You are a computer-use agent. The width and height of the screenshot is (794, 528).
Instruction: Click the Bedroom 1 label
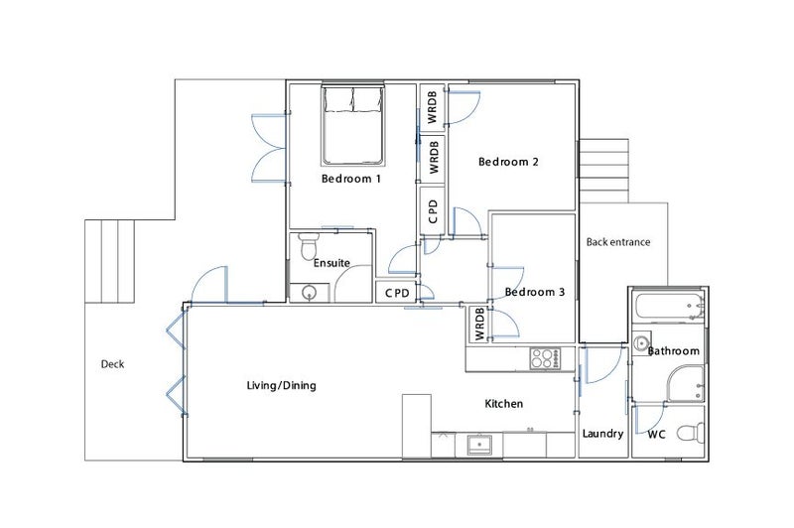coord(351,180)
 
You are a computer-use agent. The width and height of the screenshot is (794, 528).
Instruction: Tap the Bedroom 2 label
coord(508,162)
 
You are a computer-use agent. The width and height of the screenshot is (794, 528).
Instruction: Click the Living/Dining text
coord(281,385)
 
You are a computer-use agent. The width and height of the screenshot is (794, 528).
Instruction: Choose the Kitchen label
coord(503,404)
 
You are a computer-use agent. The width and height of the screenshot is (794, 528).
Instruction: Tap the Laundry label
coord(602,434)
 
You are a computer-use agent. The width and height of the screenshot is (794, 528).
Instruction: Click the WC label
coord(656,434)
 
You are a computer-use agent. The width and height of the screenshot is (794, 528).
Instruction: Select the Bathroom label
coord(674,351)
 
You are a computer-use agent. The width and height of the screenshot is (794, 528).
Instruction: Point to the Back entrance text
coord(617,241)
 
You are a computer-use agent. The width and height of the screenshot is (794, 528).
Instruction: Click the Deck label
coord(113,363)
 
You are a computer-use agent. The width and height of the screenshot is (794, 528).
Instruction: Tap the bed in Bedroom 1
coord(352,124)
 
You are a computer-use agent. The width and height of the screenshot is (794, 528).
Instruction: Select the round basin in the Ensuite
coord(309,292)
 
